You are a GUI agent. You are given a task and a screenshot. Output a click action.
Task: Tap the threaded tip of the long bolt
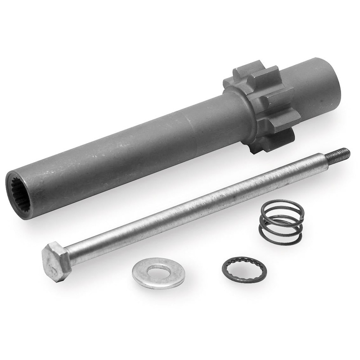[x=342, y=153]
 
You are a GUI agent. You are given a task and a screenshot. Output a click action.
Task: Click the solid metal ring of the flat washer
[x=143, y=273]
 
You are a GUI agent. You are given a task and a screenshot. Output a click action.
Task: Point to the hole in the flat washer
[x=159, y=272]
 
